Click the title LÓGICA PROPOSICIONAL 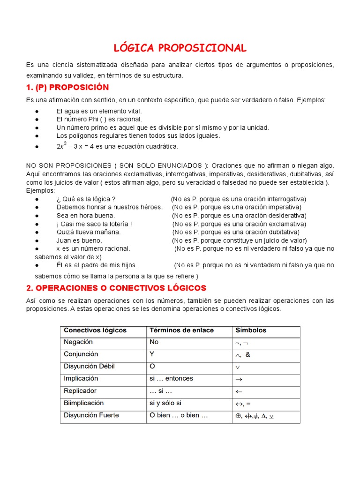pyautogui.click(x=180, y=48)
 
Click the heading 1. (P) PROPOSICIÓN pyautogui.click(x=67, y=87)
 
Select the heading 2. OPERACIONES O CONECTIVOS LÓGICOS pyautogui.click(x=116, y=287)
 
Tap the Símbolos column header pyautogui.click(x=250, y=330)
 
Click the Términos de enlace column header pyautogui.click(x=181, y=330)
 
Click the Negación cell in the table pyautogui.click(x=78, y=342)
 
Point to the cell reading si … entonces pyautogui.click(x=171, y=378)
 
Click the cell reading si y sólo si pyautogui.click(x=165, y=403)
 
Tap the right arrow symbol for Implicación pyautogui.click(x=238, y=379)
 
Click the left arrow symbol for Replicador pyautogui.click(x=238, y=391)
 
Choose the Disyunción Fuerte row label pyautogui.click(x=91, y=415)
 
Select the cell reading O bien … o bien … pyautogui.click(x=178, y=415)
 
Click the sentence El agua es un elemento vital pyautogui.click(x=99, y=111)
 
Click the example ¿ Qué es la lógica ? pyautogui.click(x=86, y=199)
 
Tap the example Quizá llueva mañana pyautogui.click(x=89, y=232)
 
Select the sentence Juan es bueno pyautogui.click(x=79, y=240)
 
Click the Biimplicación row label pyautogui.click(x=83, y=403)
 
